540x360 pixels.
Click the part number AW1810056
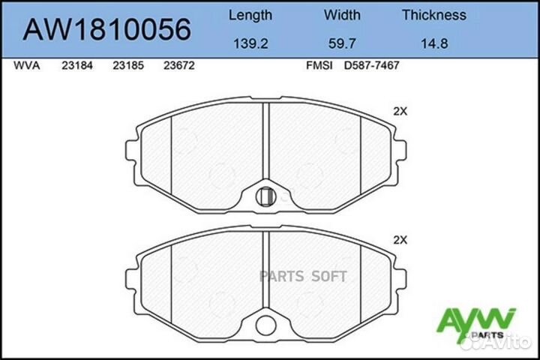[107, 29]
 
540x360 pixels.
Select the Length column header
[250, 15]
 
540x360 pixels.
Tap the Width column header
[342, 15]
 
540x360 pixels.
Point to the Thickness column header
[433, 15]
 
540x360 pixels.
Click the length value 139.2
[250, 43]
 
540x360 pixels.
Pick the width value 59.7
[342, 43]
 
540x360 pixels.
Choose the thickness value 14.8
[433, 43]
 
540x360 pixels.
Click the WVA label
[27, 66]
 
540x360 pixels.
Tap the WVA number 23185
[128, 66]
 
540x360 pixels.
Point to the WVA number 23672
[179, 66]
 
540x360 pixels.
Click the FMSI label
[316, 66]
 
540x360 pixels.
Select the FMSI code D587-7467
[371, 66]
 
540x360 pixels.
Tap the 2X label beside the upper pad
[400, 111]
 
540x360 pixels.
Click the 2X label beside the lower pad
[400, 241]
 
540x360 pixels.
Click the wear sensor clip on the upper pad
[265, 196]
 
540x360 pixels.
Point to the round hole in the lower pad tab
[265, 325]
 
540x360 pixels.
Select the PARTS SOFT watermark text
[302, 276]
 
